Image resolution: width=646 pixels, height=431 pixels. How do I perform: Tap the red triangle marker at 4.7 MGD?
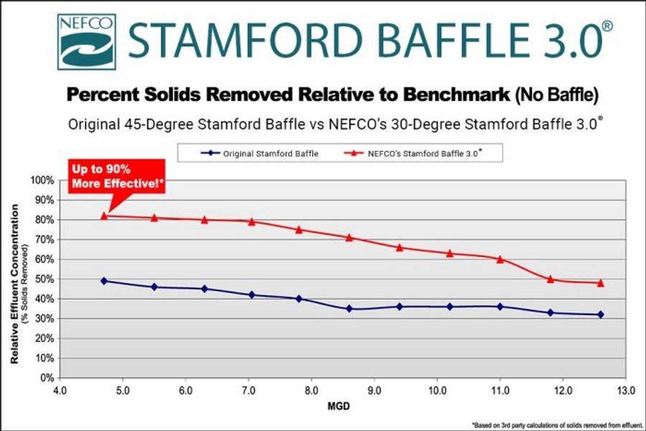click(x=104, y=215)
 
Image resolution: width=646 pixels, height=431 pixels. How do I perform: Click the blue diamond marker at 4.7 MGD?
click(x=104, y=281)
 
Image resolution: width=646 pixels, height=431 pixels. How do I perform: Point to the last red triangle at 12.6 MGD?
click(x=600, y=283)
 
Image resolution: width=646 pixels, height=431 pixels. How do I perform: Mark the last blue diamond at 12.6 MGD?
click(x=600, y=315)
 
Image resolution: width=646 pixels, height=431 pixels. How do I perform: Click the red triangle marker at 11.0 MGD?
click(x=500, y=259)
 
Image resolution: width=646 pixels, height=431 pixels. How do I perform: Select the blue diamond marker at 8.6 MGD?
click(x=350, y=309)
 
